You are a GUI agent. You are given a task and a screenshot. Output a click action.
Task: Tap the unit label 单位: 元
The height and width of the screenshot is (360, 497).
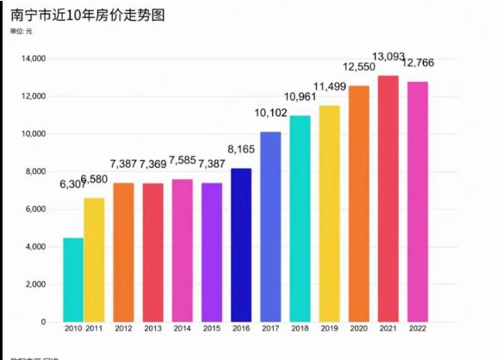coord(22,32)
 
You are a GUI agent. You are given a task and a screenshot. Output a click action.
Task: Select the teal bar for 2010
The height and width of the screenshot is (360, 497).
coord(73,280)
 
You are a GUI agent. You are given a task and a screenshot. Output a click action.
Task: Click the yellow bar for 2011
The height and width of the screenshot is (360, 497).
coord(94,260)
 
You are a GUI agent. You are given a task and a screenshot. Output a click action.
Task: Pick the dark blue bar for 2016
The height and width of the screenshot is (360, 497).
coord(241,245)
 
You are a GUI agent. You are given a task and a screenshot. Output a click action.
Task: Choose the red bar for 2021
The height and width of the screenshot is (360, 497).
coord(388,199)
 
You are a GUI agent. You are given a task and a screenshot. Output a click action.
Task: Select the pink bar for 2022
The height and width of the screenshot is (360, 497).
coord(417,202)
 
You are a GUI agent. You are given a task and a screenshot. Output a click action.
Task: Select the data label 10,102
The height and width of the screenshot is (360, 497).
coord(270,113)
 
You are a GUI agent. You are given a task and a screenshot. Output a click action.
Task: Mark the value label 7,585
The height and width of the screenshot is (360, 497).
coord(183,161)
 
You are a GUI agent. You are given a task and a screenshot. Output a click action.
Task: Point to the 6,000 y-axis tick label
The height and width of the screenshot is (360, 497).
coord(35,209)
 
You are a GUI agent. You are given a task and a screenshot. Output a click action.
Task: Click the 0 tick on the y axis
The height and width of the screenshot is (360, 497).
coord(43,322)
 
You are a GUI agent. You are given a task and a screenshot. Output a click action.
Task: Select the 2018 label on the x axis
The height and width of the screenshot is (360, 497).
coord(300,329)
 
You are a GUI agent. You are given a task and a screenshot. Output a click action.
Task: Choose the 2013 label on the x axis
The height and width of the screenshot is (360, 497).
coord(153,329)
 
